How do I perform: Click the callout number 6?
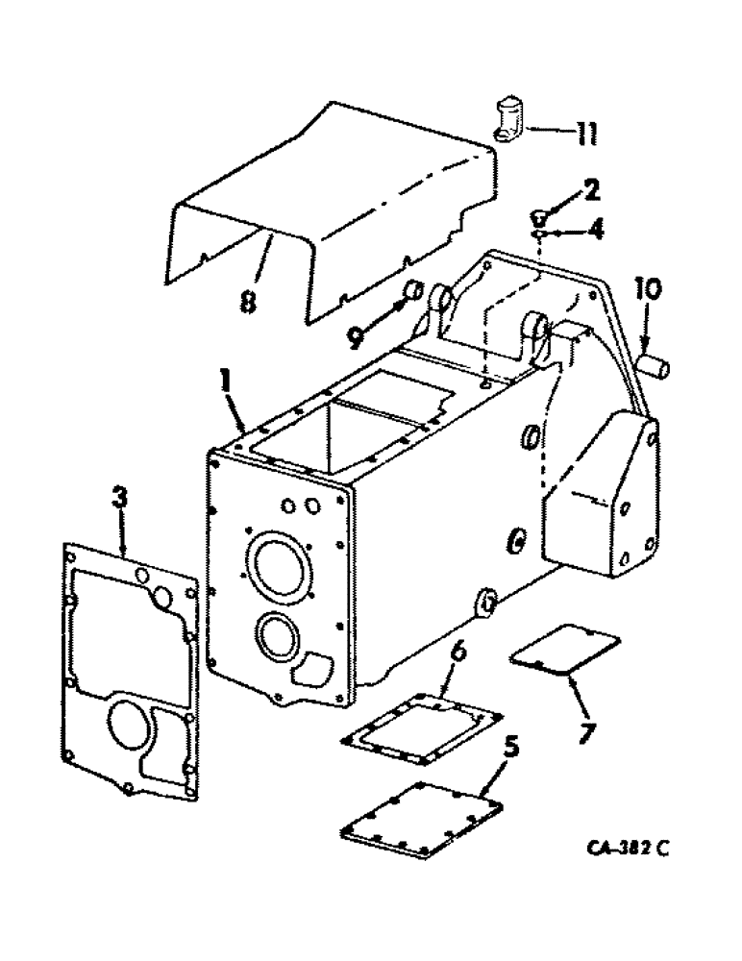(x=459, y=653)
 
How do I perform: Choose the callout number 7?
(x=586, y=732)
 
